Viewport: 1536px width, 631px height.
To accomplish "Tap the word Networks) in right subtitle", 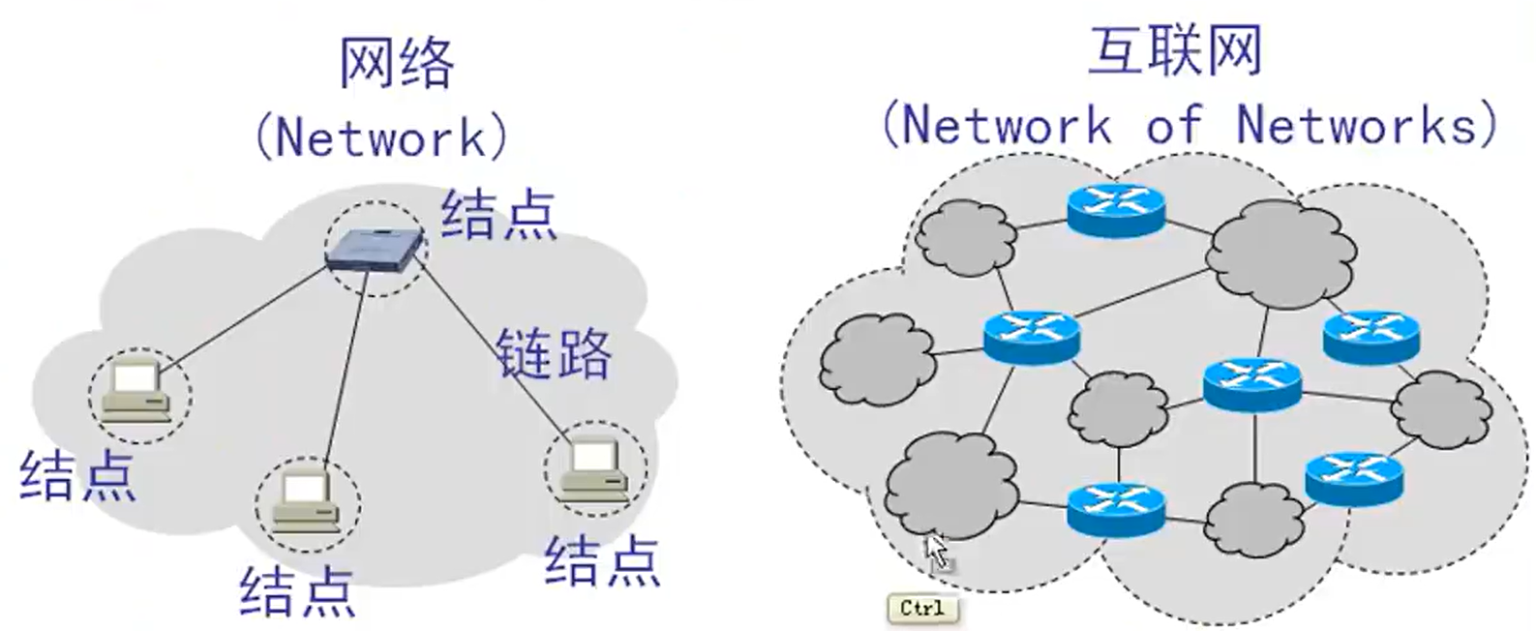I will pyautogui.click(x=1367, y=125).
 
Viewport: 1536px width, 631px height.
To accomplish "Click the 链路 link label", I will pyautogui.click(x=555, y=353).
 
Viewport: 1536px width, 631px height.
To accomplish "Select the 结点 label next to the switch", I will pyautogui.click(x=499, y=214).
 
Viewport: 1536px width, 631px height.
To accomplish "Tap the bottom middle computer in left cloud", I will pyautogui.click(x=307, y=503).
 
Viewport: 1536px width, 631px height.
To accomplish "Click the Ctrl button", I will pyautogui.click(x=921, y=608).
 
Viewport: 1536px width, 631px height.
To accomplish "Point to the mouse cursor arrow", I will pyautogui.click(x=936, y=551).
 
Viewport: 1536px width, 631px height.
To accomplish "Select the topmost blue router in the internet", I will pyautogui.click(x=1116, y=207).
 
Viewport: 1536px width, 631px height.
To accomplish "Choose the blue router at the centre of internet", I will pyautogui.click(x=1252, y=382).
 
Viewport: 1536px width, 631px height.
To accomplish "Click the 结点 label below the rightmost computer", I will pyautogui.click(x=602, y=561).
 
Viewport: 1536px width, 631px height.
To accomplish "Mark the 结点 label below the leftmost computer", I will pyautogui.click(x=77, y=474).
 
